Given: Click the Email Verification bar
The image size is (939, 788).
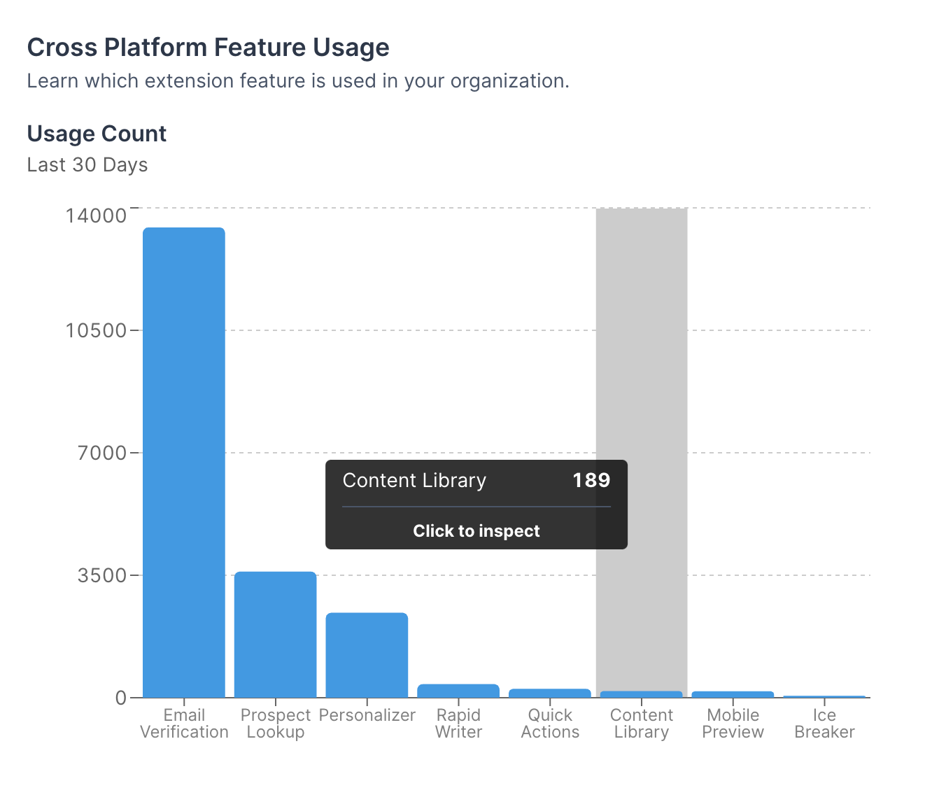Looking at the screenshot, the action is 183,463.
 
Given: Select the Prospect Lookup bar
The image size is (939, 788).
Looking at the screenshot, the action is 275,635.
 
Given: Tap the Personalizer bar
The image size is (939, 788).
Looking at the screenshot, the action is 367,655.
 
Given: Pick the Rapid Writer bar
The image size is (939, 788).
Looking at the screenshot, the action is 458,691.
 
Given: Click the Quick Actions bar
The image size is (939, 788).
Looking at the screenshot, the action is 549,693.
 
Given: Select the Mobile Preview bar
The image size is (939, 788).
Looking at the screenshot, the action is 733,694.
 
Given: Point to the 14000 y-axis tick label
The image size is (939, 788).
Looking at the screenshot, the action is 96,216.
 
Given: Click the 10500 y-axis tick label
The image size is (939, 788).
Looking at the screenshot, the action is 96,330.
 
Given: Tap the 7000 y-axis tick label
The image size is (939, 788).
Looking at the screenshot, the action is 101,453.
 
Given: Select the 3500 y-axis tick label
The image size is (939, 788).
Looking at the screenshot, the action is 101,575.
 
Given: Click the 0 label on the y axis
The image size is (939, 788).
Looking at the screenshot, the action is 120,698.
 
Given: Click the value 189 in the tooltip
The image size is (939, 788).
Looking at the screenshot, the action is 591,480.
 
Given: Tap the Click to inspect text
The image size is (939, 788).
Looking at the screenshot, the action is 476,531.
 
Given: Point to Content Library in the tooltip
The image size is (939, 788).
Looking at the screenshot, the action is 414,481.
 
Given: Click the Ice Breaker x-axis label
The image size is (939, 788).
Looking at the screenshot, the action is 824,723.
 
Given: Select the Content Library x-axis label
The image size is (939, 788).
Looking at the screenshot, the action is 642,723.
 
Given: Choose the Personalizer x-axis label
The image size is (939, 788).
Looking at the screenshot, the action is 367,715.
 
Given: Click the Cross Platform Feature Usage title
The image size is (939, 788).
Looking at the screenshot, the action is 209,47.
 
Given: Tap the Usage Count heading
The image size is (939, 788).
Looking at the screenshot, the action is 97,134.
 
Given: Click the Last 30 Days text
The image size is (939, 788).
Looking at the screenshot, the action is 87,165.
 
